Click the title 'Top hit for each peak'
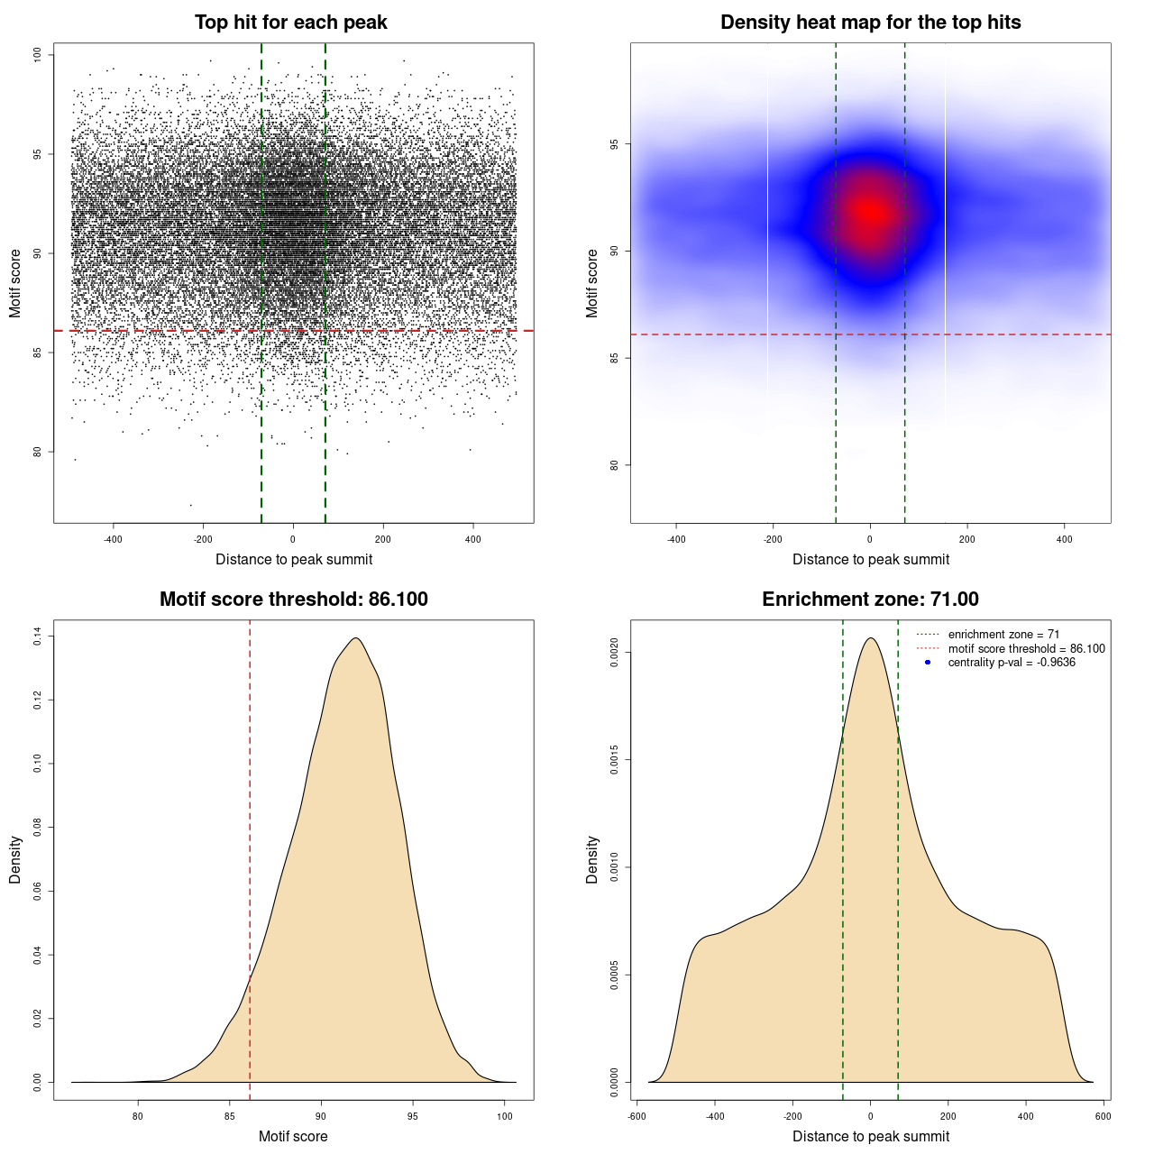(x=291, y=23)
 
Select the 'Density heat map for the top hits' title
(x=870, y=23)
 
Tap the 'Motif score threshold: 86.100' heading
(x=293, y=600)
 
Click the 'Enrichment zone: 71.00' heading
(x=870, y=600)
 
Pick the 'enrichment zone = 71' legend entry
(x=1003, y=635)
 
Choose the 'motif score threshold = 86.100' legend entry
(x=1026, y=648)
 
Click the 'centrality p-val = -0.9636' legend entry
(x=1012, y=663)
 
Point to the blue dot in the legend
(x=928, y=663)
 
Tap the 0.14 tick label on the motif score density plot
(x=37, y=637)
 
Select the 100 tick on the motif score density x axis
(x=505, y=1116)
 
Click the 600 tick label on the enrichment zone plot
(x=1104, y=1116)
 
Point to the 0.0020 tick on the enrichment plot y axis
(x=614, y=652)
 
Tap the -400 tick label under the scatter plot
(x=113, y=539)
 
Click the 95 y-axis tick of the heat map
(x=614, y=144)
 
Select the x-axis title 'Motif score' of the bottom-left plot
(x=293, y=1136)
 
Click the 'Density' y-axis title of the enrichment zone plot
(x=592, y=859)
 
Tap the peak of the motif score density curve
(x=356, y=638)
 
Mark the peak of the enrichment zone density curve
(x=870, y=638)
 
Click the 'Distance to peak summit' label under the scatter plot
(x=294, y=559)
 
